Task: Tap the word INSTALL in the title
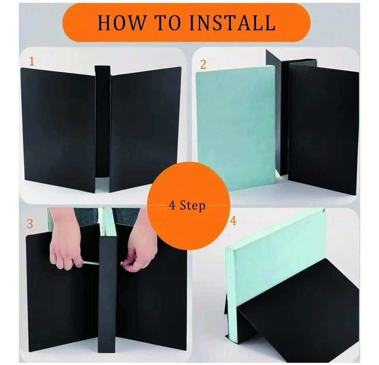[x=232, y=23]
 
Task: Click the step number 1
[x=32, y=61]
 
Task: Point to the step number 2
[x=203, y=65]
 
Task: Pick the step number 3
[x=30, y=224]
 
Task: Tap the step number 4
[x=233, y=221]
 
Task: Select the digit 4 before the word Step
[x=172, y=205]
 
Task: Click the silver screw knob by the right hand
[x=122, y=263]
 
